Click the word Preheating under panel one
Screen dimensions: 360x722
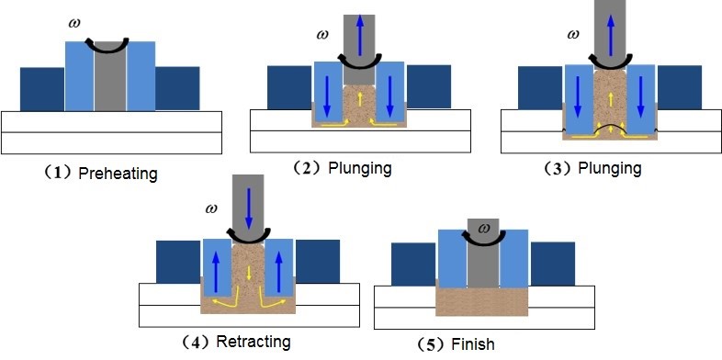coord(118,173)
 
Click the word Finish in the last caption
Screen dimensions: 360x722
coord(473,344)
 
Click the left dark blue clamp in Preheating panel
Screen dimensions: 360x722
coord(42,89)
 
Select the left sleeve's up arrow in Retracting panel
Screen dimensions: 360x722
coord(218,272)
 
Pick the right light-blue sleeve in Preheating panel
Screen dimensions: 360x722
coord(141,78)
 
